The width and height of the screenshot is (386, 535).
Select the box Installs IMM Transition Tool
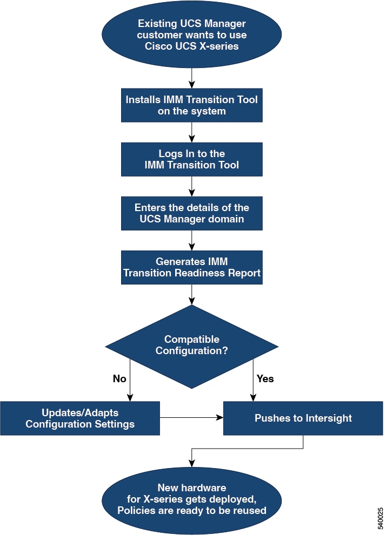click(x=192, y=105)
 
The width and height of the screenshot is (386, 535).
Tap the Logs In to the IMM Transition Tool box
click(x=192, y=159)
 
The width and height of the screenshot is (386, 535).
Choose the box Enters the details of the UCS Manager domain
click(x=192, y=213)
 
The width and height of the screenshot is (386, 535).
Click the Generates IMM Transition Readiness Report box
click(x=192, y=267)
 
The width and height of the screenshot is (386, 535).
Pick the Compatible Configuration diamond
click(x=192, y=346)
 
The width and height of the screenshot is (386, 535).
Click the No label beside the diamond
click(x=119, y=378)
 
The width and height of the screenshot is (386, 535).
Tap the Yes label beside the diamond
click(x=265, y=378)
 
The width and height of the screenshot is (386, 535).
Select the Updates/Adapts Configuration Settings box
click(x=80, y=418)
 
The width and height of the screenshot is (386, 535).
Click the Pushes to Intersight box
click(x=303, y=418)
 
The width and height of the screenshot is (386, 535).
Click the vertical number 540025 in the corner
click(x=381, y=518)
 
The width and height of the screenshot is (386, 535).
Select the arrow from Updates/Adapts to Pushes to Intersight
click(x=192, y=417)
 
